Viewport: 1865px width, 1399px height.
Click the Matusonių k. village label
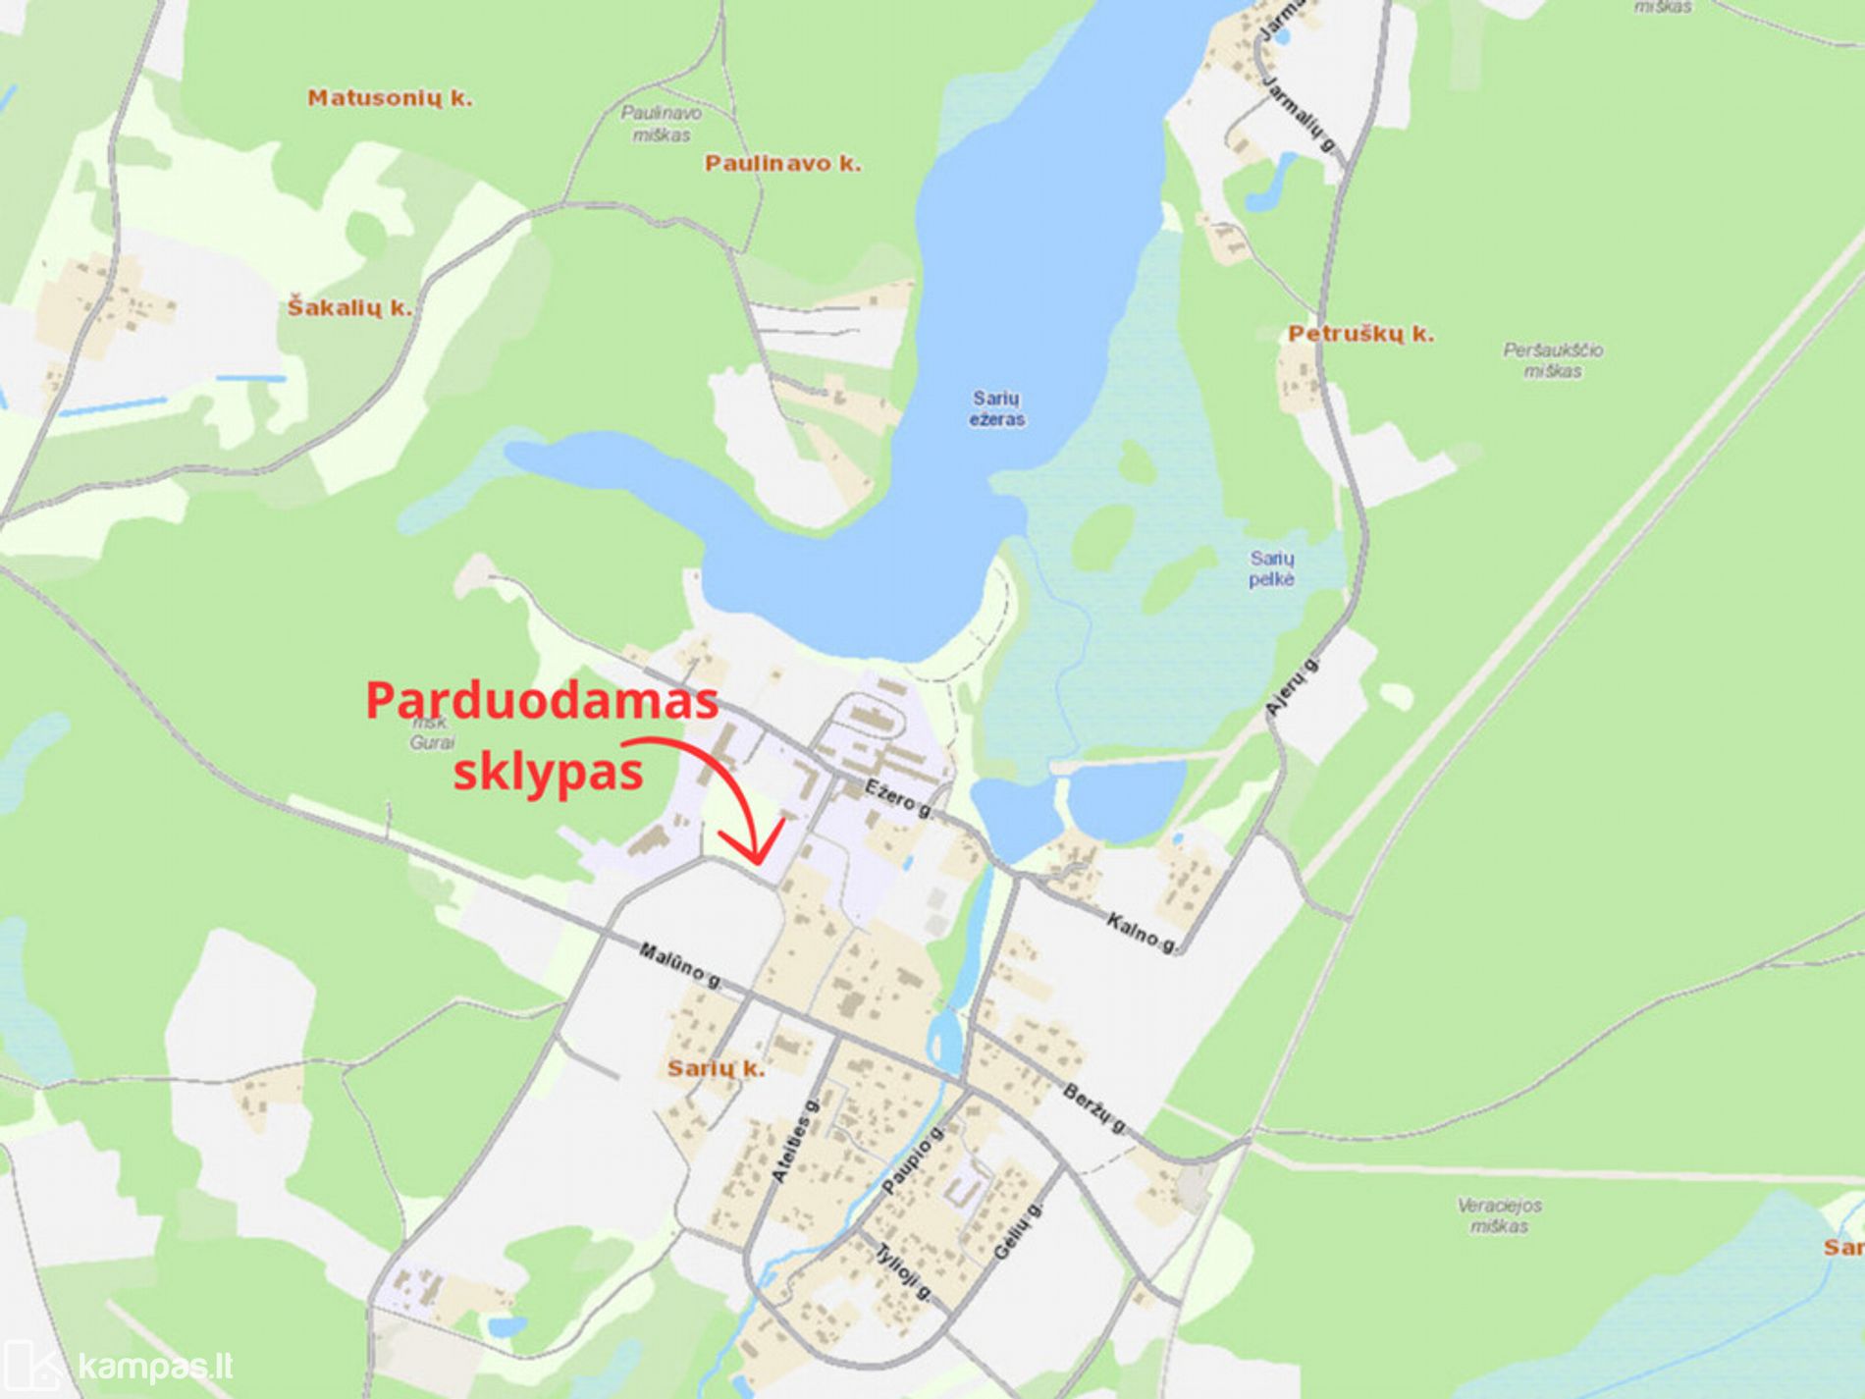point(390,98)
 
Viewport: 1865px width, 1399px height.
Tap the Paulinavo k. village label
point(782,164)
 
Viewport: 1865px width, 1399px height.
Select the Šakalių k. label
point(349,308)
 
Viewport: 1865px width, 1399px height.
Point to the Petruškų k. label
point(1360,334)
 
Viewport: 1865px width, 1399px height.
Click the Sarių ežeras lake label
point(997,409)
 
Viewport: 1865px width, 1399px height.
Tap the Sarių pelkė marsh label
point(1271,569)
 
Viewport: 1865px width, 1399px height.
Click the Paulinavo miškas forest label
point(661,124)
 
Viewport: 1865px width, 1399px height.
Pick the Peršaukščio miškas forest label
point(1553,360)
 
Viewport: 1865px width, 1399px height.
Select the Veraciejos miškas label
point(1499,1215)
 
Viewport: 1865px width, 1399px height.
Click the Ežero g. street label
point(899,798)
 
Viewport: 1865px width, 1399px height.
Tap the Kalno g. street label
point(1142,933)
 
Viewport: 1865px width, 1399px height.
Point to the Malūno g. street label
point(680,965)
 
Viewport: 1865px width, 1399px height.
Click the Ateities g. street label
point(794,1141)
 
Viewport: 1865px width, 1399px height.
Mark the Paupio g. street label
point(912,1160)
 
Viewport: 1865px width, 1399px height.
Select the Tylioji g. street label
point(904,1272)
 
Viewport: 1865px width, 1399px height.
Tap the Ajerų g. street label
point(1291,686)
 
